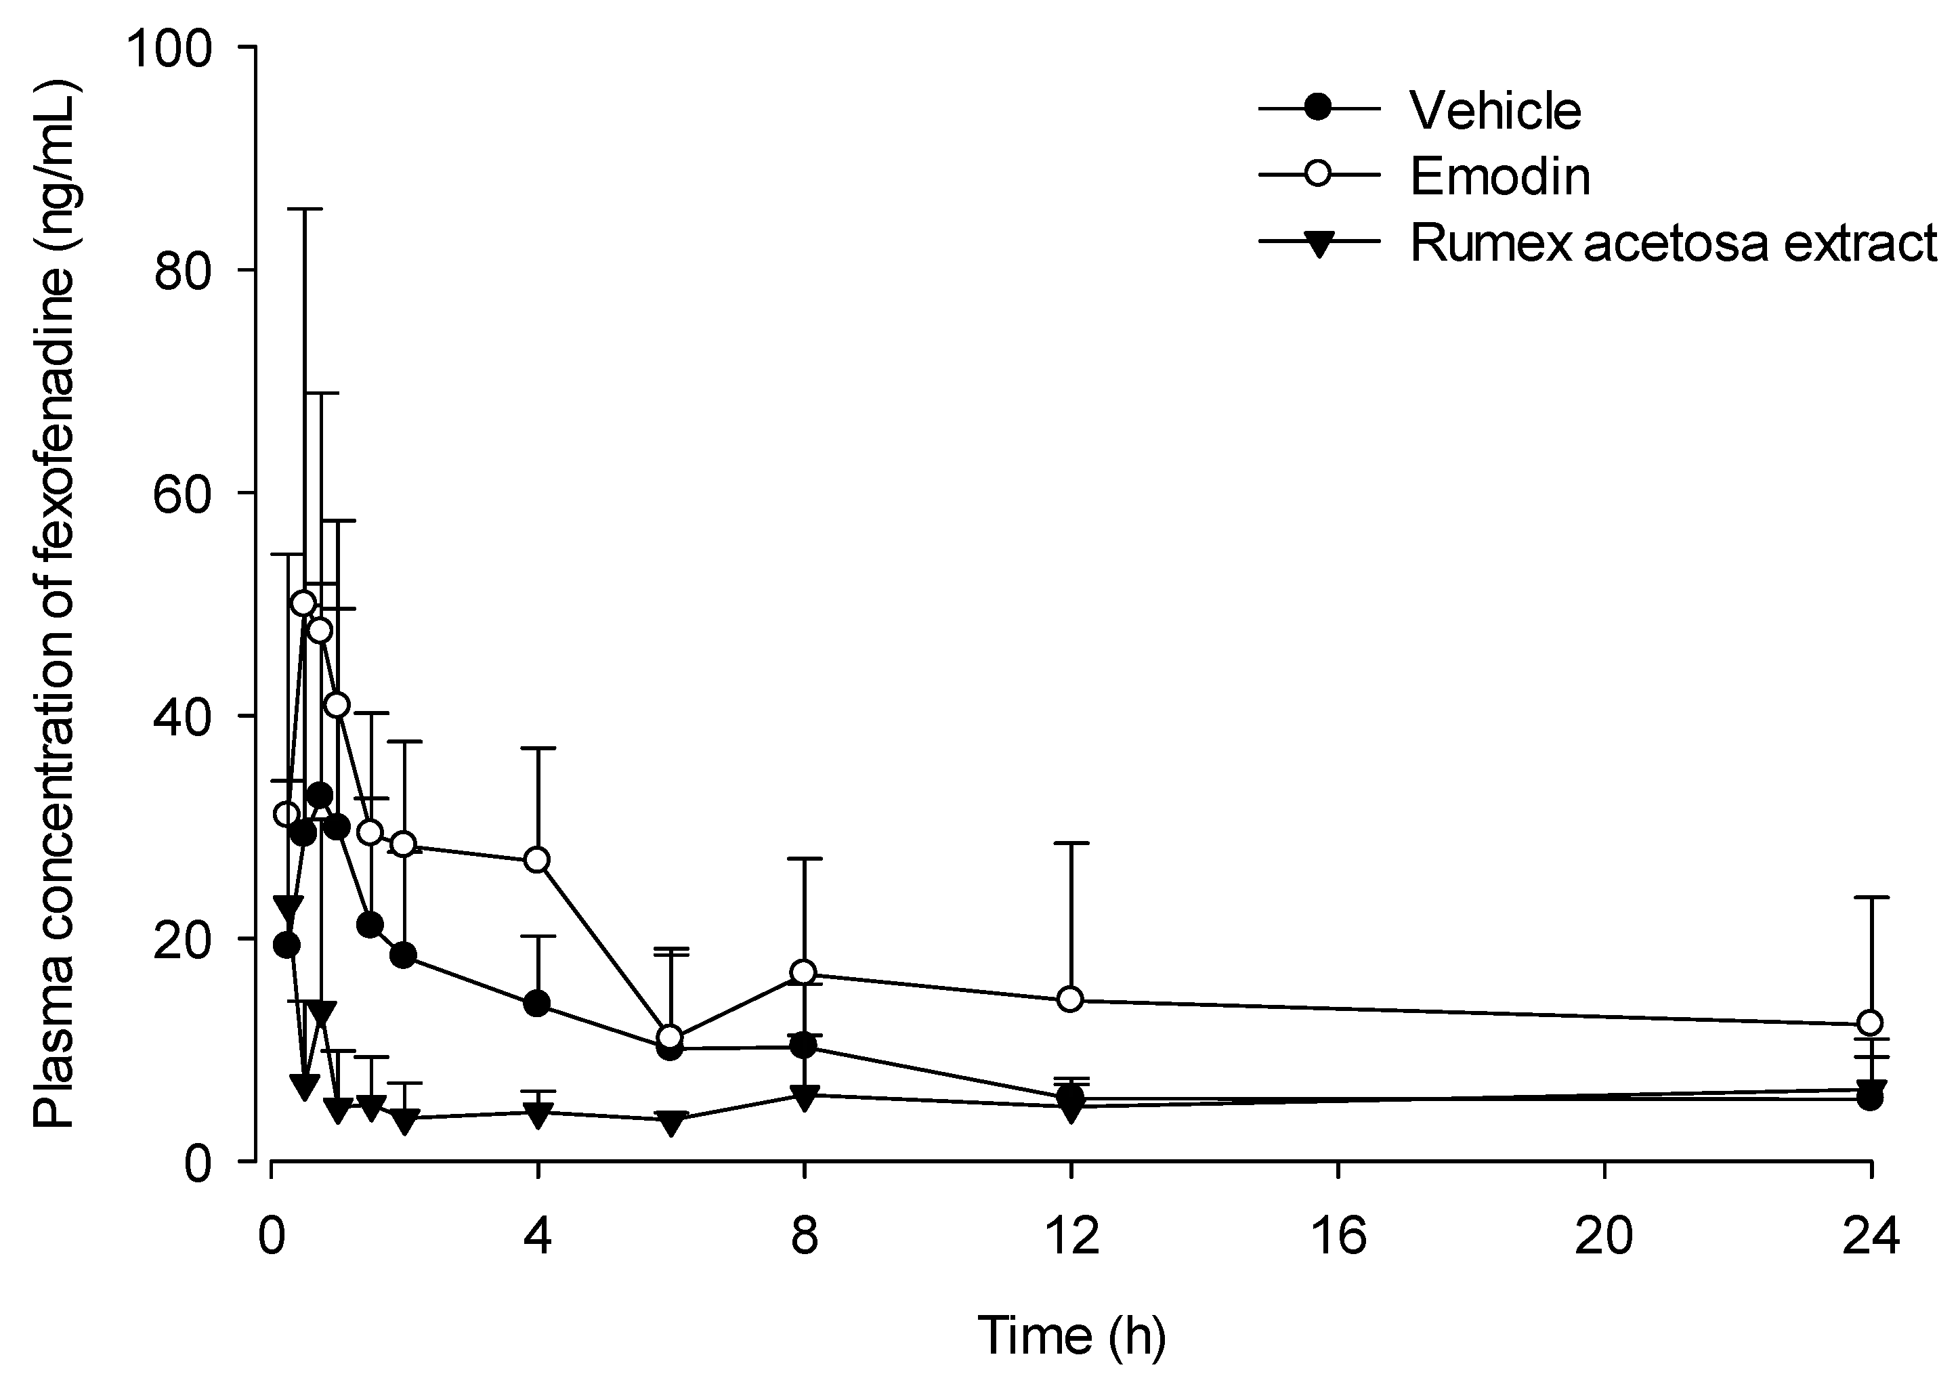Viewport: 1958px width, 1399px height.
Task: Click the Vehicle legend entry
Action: tap(1495, 110)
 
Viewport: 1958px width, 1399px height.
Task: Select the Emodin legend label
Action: tap(1499, 177)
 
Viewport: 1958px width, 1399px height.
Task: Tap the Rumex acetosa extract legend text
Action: tap(1672, 243)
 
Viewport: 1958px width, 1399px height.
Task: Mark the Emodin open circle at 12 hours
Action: tap(1070, 999)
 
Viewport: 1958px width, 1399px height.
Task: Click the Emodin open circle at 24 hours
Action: tap(1869, 1023)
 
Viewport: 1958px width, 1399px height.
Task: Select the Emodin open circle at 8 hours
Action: tap(804, 972)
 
